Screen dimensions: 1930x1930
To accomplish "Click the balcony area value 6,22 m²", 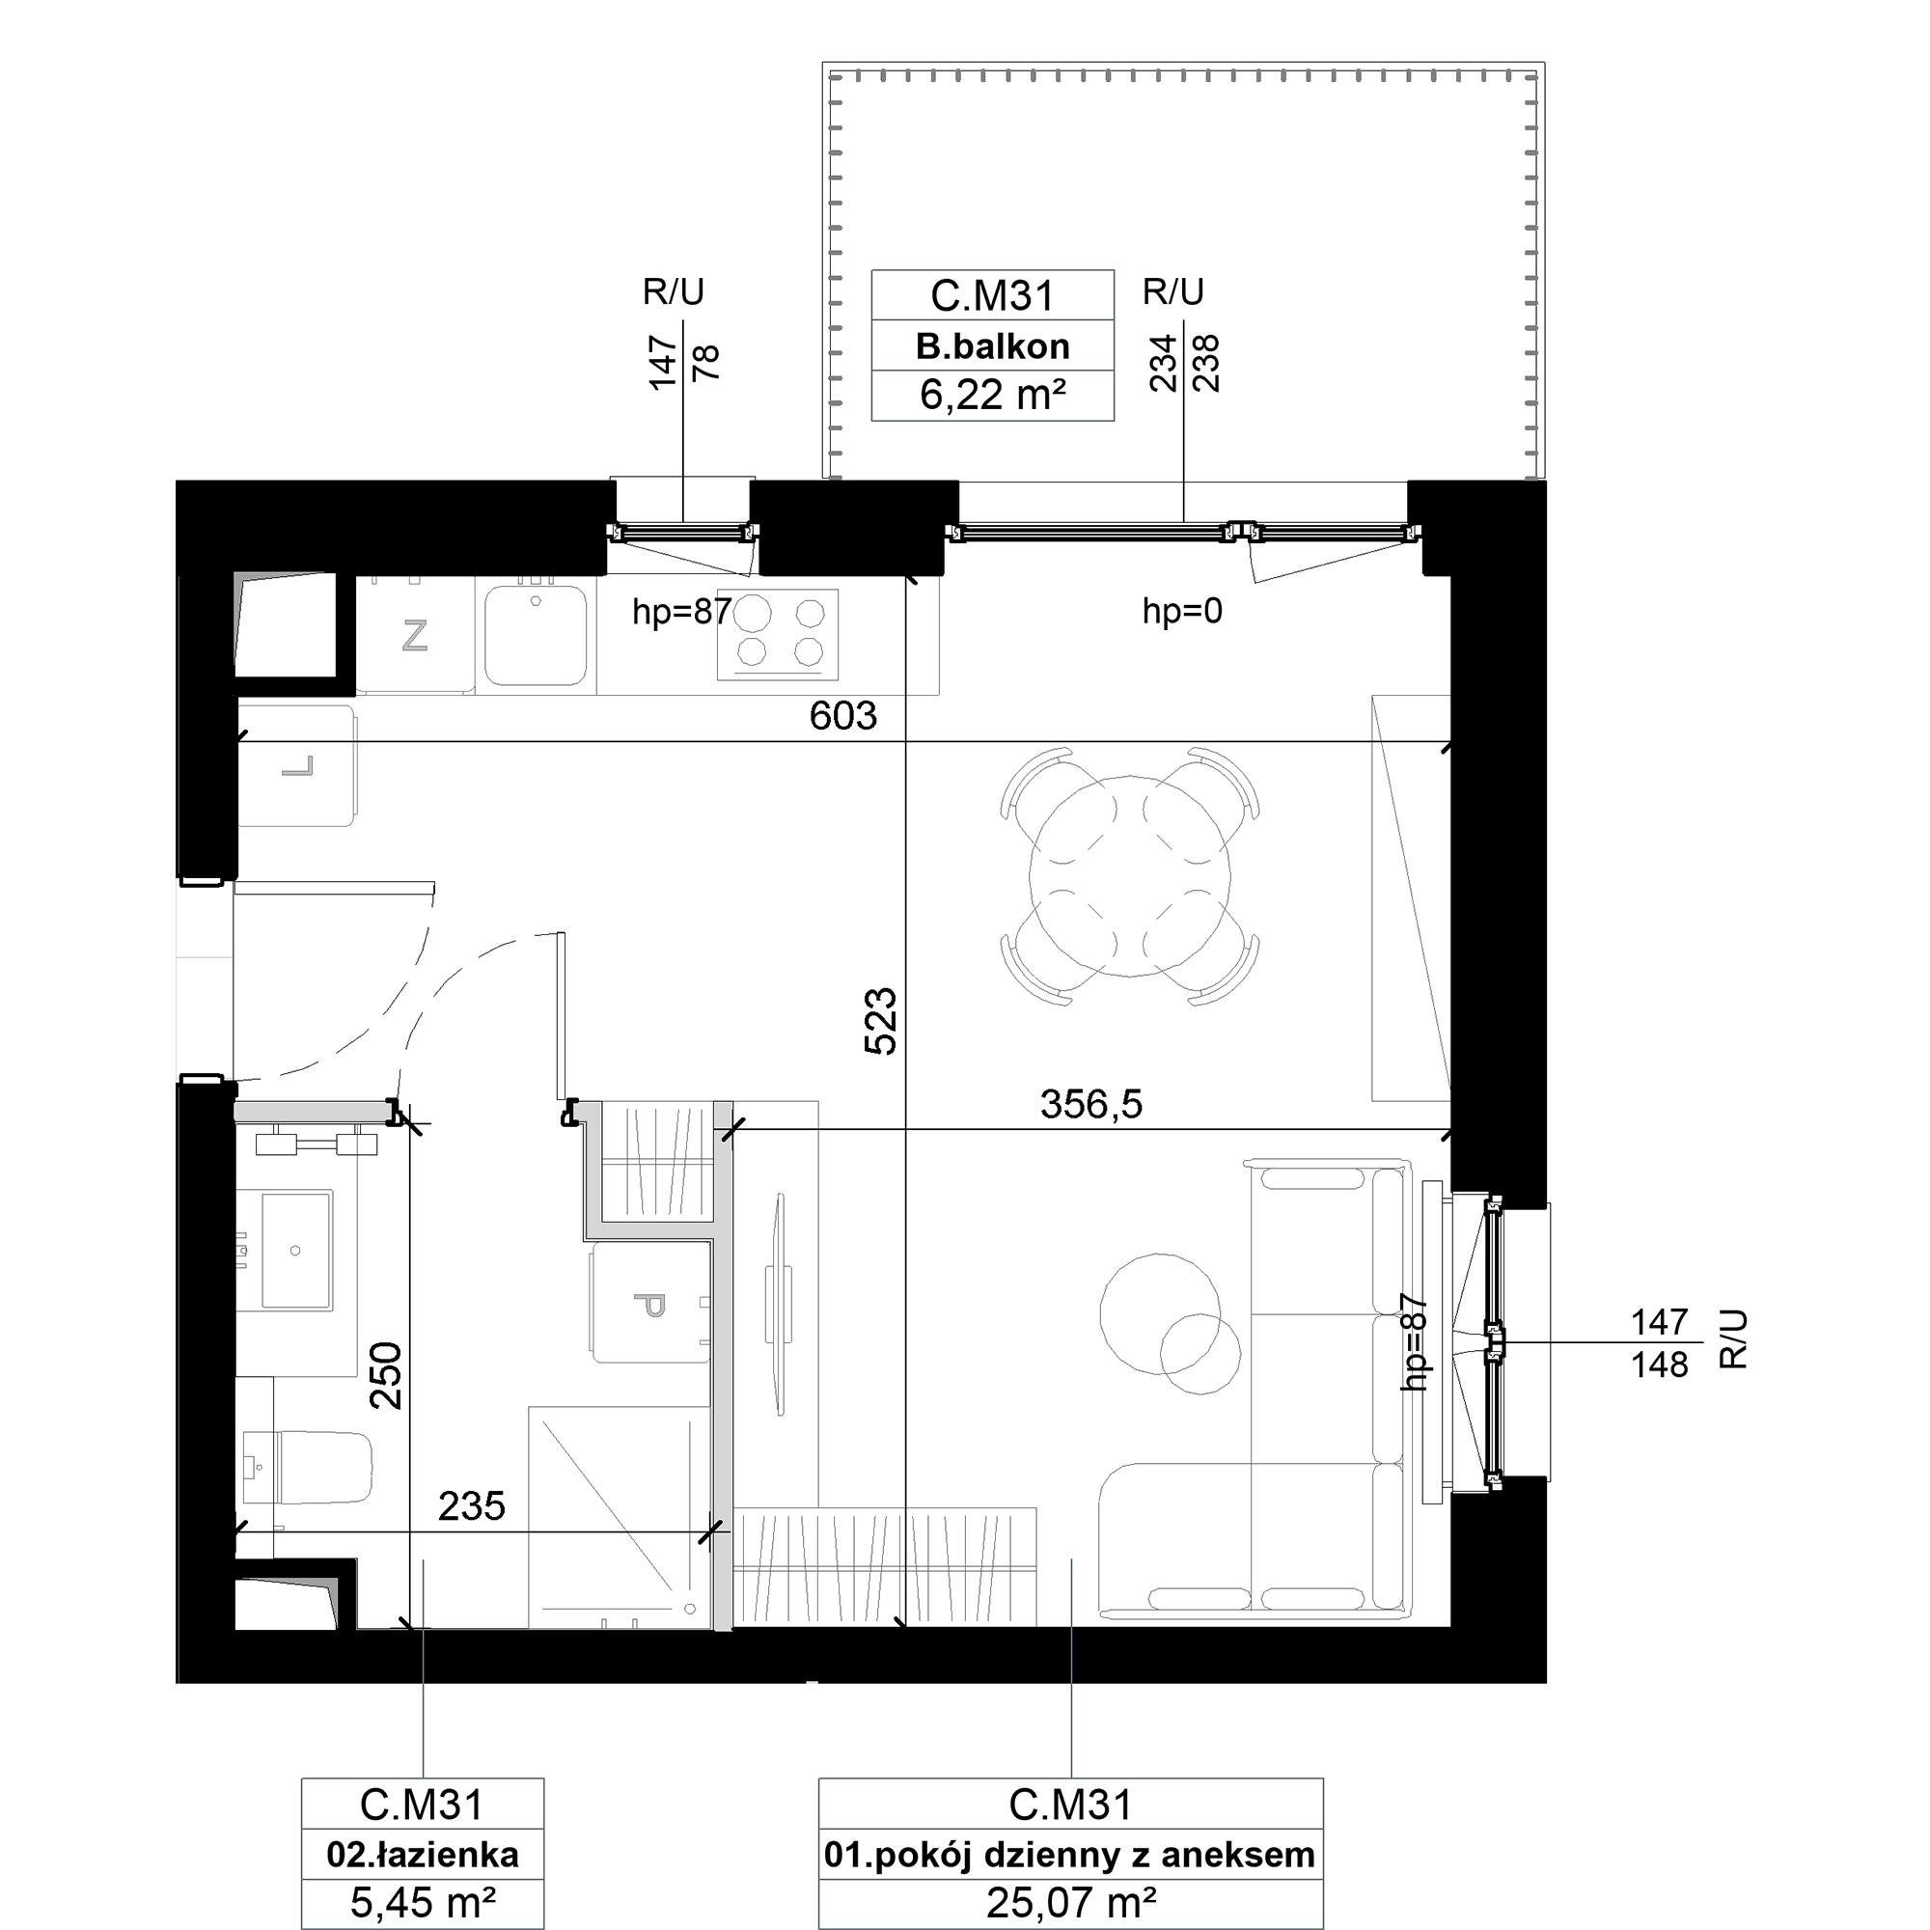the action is (x=992, y=396).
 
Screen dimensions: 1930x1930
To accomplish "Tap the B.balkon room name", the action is (x=992, y=346).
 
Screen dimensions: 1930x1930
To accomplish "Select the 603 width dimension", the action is (x=843, y=715).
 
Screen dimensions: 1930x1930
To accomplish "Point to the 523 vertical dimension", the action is (x=880, y=1021).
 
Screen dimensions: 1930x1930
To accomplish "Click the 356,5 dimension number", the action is (x=1090, y=1105).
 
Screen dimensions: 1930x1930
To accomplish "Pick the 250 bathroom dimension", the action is (x=386, y=1374).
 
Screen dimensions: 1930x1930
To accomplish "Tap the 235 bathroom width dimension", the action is (x=472, y=1506).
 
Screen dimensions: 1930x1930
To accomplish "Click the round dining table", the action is (x=1130, y=876).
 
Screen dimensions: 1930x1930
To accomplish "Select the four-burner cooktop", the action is (x=777, y=634).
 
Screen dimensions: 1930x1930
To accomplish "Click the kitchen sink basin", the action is (x=536, y=635).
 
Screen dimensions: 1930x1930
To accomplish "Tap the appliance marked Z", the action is (x=415, y=635).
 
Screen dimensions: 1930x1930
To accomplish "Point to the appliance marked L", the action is (x=296, y=766).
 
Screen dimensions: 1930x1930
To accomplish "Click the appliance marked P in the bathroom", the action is (x=650, y=1304).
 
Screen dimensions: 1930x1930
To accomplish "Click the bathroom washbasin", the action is (x=295, y=1249).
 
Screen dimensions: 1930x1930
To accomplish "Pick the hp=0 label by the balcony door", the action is (x=1183, y=611).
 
